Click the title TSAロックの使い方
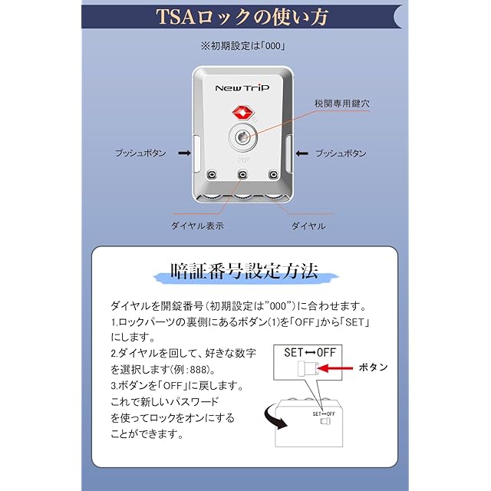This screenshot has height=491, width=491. tap(243, 16)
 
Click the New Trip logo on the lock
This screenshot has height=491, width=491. tap(242, 88)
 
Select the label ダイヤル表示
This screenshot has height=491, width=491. tap(196, 226)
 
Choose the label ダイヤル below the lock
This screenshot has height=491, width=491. tap(308, 226)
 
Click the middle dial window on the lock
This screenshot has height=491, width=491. tap(242, 176)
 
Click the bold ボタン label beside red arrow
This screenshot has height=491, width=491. tap(374, 367)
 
